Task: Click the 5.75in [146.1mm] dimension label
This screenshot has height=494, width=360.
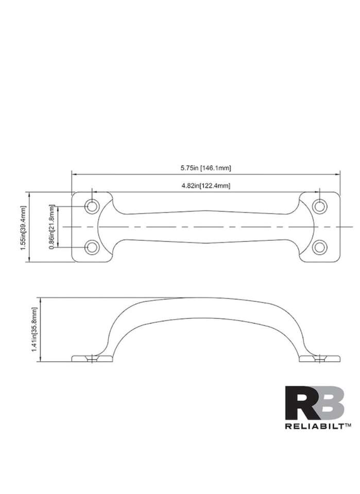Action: [205, 168]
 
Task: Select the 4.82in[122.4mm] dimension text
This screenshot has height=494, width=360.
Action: [205, 186]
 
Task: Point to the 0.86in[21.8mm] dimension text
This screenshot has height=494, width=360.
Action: [52, 227]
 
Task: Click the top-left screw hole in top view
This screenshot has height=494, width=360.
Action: [92, 207]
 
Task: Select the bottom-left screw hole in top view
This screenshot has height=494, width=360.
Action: [92, 248]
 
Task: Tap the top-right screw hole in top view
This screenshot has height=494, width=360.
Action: [320, 207]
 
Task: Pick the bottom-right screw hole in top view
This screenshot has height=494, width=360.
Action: [320, 248]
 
